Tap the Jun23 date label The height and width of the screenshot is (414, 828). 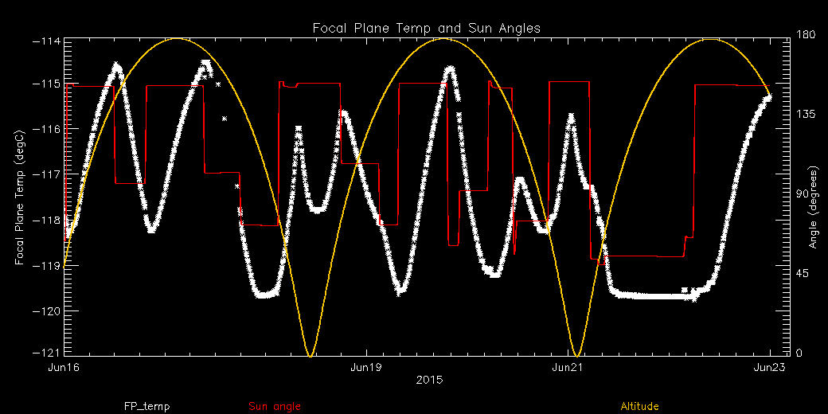(x=769, y=368)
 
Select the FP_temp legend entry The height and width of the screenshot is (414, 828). (x=146, y=406)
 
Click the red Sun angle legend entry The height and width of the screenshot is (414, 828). (x=275, y=406)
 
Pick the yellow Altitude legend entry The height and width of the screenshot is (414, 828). (x=639, y=406)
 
